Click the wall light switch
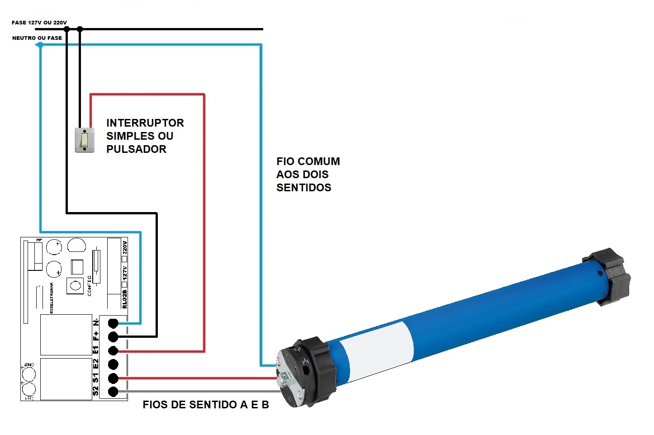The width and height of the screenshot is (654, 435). point(85,140)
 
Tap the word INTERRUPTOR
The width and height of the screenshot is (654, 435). point(145,123)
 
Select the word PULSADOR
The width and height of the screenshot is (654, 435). point(136,149)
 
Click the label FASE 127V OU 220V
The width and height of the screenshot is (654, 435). point(39,23)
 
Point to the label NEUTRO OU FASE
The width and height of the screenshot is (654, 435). point(37,38)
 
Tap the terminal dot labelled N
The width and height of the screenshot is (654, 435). point(113,323)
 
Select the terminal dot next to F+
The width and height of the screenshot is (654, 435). point(113,337)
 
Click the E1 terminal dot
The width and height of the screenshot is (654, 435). point(113,351)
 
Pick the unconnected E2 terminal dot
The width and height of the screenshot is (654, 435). point(113,364)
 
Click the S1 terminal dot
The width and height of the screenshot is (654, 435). point(113,378)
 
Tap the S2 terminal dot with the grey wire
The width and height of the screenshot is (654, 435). point(113,392)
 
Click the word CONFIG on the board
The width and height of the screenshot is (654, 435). point(89,285)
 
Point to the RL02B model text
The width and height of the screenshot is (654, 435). point(125,299)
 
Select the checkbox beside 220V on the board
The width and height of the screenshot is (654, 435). point(125,259)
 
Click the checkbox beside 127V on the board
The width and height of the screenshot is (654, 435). point(125,284)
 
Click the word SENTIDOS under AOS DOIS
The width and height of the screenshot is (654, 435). point(303,188)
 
